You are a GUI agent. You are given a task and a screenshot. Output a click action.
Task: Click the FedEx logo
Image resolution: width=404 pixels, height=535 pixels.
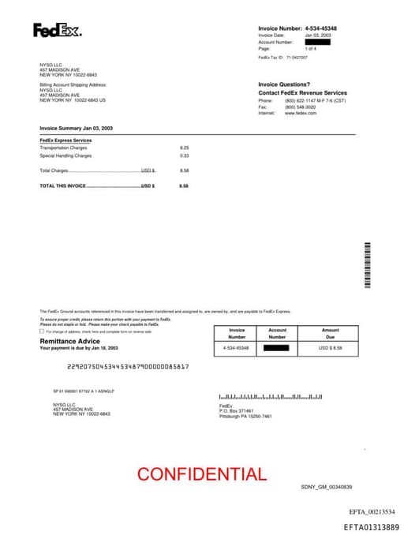click(57, 31)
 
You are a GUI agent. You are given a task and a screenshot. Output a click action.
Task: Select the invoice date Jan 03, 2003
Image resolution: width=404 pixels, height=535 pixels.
click(318, 36)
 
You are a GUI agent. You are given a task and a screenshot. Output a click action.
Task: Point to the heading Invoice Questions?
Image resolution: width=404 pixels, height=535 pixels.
click(284, 84)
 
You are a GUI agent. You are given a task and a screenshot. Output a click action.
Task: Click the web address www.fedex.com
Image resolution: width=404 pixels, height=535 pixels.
click(301, 113)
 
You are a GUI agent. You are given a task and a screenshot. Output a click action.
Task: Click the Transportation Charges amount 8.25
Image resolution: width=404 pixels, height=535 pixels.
click(185, 148)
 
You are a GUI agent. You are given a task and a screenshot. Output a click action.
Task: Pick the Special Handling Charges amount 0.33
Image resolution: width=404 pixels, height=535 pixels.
click(185, 155)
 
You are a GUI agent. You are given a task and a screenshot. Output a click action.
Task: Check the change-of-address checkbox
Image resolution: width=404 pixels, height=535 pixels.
click(42, 331)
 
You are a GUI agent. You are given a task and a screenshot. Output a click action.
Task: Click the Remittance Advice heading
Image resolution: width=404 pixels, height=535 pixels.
click(70, 341)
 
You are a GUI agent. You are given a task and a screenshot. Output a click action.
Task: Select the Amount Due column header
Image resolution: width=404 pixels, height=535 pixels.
click(330, 333)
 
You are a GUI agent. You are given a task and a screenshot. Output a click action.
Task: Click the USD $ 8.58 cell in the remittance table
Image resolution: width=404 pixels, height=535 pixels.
click(330, 347)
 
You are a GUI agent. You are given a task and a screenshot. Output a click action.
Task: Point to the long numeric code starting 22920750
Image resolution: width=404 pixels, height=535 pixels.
click(128, 367)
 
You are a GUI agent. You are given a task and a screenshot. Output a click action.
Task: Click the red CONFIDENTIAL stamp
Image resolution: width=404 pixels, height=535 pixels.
click(201, 474)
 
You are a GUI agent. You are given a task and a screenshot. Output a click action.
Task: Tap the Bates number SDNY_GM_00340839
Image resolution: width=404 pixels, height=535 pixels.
click(326, 487)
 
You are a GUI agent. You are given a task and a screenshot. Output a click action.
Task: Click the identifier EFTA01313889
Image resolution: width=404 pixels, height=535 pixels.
click(371, 526)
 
